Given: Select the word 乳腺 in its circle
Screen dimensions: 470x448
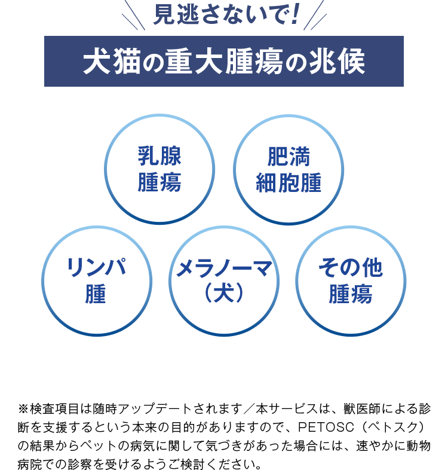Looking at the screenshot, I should pos(159,158).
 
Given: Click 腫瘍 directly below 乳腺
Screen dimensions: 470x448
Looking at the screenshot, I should pos(159,182).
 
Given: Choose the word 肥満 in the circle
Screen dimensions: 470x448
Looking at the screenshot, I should pos(289,158).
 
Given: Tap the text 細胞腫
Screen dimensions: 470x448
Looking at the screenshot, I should pos(289,182).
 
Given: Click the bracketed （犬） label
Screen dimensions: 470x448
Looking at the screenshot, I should pos(225,294).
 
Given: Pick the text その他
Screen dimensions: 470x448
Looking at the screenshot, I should pos(351,269).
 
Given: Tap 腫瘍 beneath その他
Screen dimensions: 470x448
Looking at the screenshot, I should pos(351,294).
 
